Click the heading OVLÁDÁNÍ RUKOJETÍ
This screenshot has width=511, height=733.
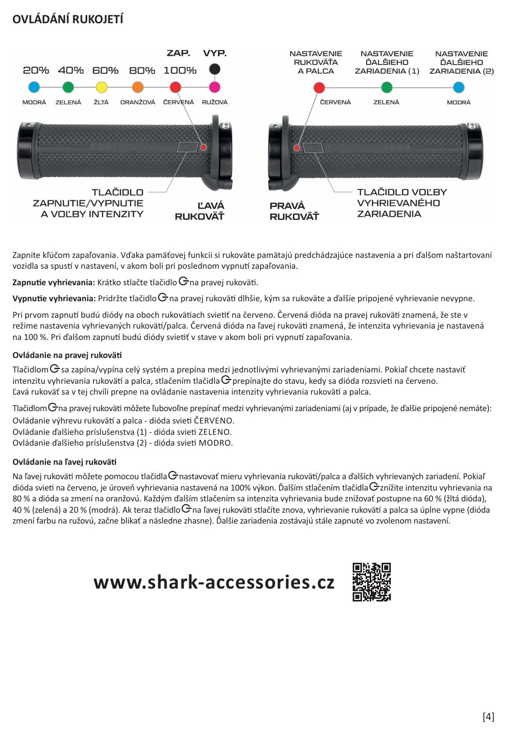tap(68, 20)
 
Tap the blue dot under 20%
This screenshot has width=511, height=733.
tap(34, 87)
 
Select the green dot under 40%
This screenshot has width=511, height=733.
tap(71, 87)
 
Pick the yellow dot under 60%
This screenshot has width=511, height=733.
tap(102, 87)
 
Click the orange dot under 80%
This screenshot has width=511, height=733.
tap(138, 87)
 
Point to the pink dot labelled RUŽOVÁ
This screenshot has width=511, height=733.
tap(215, 87)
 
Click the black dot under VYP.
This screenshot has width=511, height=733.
tap(215, 69)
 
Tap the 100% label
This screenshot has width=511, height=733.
tap(180, 70)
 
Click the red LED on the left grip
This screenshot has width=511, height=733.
tap(204, 148)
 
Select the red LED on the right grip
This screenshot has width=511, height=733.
tap(297, 148)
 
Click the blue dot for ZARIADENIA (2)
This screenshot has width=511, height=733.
tap(458, 87)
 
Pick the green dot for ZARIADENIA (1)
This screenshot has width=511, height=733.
tap(387, 87)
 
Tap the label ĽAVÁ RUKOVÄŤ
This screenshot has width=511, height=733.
tap(200, 211)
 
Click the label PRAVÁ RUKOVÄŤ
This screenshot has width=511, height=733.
tap(294, 211)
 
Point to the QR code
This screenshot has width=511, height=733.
tap(371, 582)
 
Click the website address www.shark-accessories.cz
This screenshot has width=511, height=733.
tap(214, 582)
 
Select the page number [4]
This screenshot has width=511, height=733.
tap(488, 716)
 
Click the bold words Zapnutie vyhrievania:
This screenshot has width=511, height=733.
tap(54, 283)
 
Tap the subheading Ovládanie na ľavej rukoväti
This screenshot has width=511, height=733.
tap(64, 462)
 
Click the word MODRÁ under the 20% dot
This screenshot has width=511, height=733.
tap(34, 102)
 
